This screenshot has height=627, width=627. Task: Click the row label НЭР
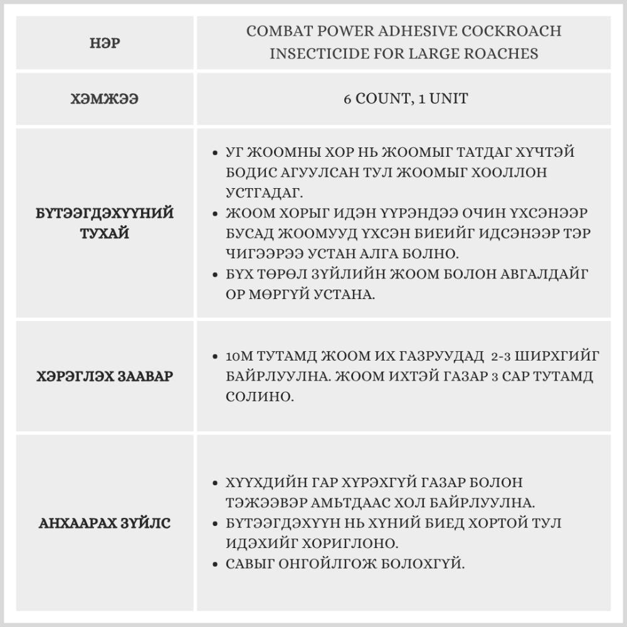(105, 45)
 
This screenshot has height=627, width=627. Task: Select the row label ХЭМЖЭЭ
(105, 99)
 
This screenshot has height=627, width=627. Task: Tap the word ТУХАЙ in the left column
(105, 234)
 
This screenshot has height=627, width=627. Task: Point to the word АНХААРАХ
(77, 523)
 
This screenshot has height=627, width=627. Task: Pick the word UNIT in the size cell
(445, 99)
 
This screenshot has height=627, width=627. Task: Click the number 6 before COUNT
(347, 99)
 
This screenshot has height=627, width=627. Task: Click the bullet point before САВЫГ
(215, 564)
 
